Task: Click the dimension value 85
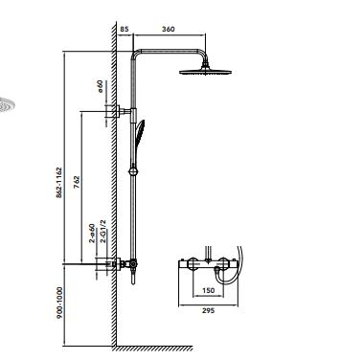pos(125,29)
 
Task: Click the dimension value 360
pos(169,29)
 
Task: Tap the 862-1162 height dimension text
pos(59,182)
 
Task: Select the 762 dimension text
pos(77,182)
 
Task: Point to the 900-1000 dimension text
pos(59,303)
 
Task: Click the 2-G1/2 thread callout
pos(102,232)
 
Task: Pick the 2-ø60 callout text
pos(92,234)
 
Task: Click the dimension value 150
pos(208,290)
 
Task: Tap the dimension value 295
pos(208,310)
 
